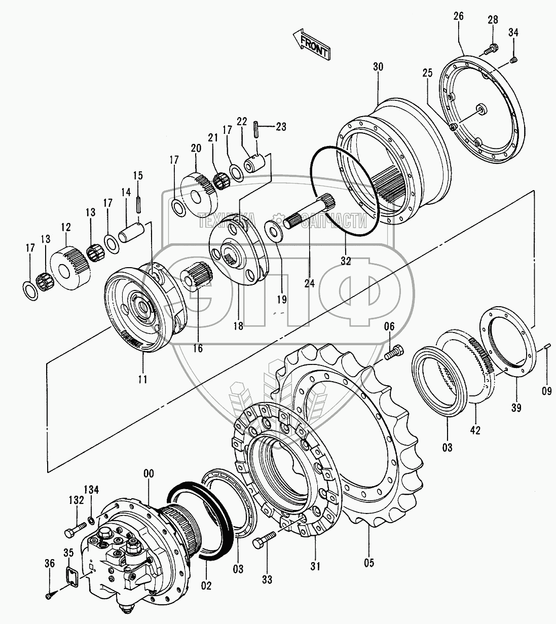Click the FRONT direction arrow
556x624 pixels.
click(x=311, y=45)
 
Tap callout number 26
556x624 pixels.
click(x=459, y=16)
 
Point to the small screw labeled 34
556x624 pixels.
click(x=513, y=59)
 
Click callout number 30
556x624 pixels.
click(x=378, y=66)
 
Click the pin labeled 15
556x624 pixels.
click(x=138, y=204)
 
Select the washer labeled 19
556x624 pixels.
click(x=273, y=229)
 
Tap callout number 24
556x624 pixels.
click(x=309, y=283)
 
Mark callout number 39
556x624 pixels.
click(x=516, y=408)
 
